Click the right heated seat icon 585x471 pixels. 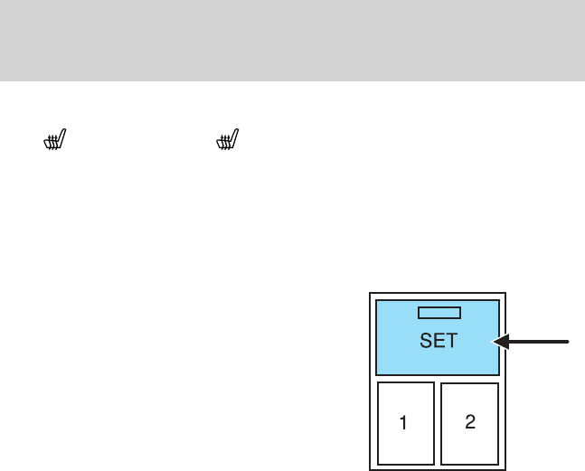(226, 140)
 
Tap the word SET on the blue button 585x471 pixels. (439, 341)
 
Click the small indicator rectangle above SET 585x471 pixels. (439, 313)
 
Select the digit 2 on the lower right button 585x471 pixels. (469, 422)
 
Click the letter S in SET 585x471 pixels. (425, 341)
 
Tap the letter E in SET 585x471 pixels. (439, 341)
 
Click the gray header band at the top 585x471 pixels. (292, 40)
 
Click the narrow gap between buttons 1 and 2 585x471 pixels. (438, 423)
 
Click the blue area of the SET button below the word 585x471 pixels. (439, 363)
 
